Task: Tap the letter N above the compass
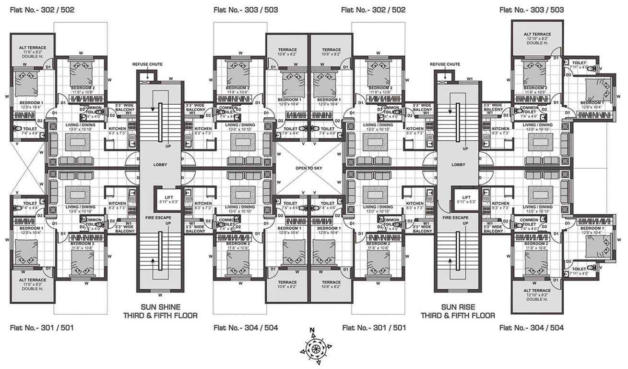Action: coord(312,330)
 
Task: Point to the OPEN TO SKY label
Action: coord(310,168)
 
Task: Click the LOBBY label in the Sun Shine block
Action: coord(160,164)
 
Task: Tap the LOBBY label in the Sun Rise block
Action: coord(458,164)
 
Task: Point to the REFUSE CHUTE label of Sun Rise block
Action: coord(445,64)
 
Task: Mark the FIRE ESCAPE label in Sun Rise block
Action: coord(455,218)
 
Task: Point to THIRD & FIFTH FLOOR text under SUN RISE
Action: coord(458,316)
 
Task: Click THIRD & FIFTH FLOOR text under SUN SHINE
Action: coord(160,316)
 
